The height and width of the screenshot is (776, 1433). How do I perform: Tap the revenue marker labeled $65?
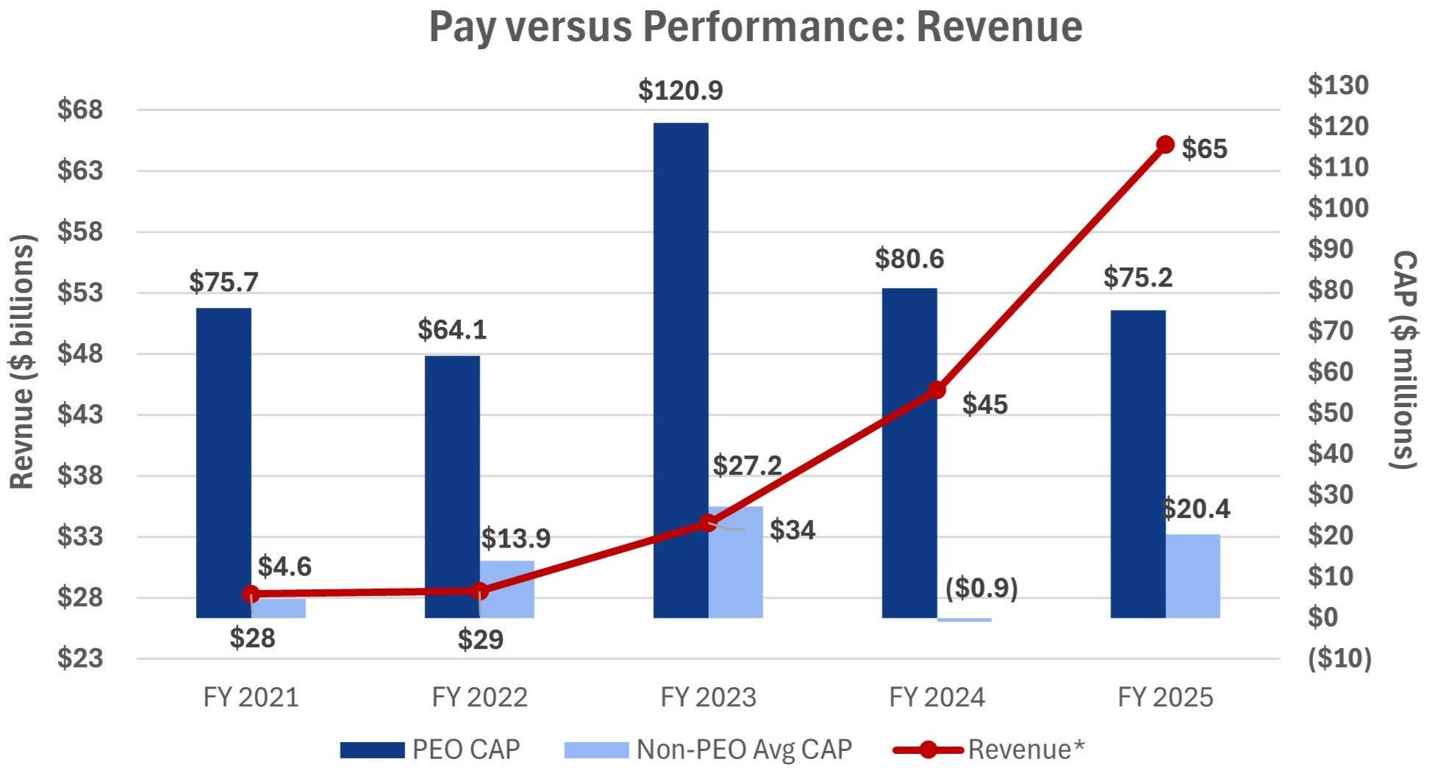click(x=1165, y=145)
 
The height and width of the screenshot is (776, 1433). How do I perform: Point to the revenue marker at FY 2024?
click(x=936, y=390)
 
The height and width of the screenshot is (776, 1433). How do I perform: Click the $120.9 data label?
click(x=681, y=90)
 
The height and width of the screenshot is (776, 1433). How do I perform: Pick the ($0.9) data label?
click(x=982, y=588)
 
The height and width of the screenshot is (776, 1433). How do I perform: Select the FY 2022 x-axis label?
click(x=479, y=697)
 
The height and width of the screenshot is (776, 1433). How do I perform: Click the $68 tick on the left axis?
click(x=80, y=110)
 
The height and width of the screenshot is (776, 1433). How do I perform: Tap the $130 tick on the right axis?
click(x=1338, y=85)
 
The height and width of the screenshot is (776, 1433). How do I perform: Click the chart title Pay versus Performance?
click(x=755, y=27)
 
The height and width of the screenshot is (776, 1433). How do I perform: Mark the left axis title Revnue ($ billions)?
click(x=22, y=362)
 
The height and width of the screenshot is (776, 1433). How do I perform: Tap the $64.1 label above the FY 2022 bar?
click(x=452, y=330)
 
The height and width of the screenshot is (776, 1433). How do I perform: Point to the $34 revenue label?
click(x=793, y=530)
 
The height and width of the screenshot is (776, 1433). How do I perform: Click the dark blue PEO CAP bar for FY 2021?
click(x=224, y=463)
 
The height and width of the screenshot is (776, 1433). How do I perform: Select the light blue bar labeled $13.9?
click(x=507, y=589)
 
